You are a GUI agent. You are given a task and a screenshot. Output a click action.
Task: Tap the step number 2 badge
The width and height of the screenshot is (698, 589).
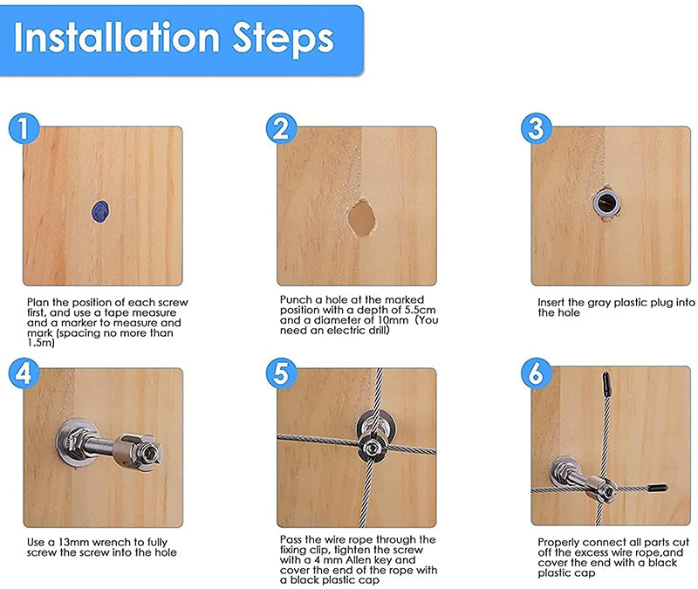(280, 129)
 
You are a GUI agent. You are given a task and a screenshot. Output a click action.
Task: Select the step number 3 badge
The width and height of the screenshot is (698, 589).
(536, 129)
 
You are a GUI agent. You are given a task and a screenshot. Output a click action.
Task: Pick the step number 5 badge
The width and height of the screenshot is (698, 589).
(280, 373)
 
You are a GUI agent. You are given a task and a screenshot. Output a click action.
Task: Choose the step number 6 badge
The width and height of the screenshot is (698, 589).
(536, 373)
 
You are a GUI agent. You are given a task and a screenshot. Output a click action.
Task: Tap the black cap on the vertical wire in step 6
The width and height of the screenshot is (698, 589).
(606, 383)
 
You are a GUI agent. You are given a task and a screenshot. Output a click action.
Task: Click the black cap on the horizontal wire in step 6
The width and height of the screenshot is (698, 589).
(657, 489)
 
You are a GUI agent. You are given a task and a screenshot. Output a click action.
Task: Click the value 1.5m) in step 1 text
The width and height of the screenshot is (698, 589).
(41, 343)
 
